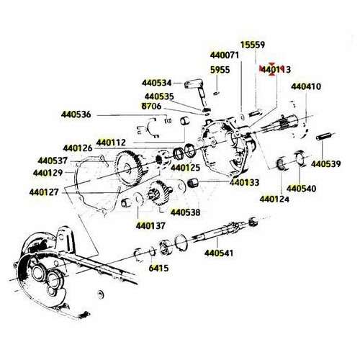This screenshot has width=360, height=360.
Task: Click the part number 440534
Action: pos(156,83)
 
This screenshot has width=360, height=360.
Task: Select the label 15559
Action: pos(253,45)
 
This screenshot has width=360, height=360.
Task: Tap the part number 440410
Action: pos(306,86)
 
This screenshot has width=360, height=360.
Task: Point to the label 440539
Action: pos(326,164)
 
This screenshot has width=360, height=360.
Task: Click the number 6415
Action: pos(158,268)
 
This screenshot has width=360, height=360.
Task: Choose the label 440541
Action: pos(219,253)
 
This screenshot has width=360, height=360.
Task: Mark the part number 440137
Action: pos(150,226)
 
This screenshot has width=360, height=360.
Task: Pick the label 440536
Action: pos(76,114)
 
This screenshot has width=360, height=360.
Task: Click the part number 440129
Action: pos(48,173)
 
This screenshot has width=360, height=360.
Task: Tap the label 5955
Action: pos(220,70)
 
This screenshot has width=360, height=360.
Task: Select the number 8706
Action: pos(151,106)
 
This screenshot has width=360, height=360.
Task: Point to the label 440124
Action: pos(274,199)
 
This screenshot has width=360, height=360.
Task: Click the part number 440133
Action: pos(244,183)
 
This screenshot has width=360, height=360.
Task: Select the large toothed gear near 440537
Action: pos(129,168)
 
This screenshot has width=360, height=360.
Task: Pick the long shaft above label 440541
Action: pos(220,233)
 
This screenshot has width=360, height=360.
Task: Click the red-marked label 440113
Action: pos(276,70)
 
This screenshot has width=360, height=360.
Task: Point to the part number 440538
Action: pos(185,212)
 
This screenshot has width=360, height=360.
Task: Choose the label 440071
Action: pos(225,55)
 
